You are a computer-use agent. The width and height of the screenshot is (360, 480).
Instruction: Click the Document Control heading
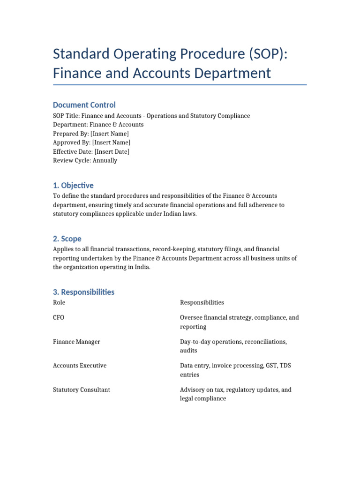[84, 105]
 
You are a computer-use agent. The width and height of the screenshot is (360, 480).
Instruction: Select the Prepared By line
[91, 134]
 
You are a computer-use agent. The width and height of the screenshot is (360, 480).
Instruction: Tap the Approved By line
[92, 142]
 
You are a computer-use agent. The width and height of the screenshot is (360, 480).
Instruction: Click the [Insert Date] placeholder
[112, 151]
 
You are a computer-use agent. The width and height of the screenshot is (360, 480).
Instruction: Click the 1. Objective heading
[73, 185]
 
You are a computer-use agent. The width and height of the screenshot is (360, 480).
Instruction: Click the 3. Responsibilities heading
[83, 292]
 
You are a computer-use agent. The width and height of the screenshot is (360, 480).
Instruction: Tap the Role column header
[60, 302]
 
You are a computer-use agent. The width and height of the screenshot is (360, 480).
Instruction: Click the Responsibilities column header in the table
[202, 302]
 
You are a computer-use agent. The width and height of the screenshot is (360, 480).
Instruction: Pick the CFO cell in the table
[59, 317]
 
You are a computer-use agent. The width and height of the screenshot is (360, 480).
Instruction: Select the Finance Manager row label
[76, 342]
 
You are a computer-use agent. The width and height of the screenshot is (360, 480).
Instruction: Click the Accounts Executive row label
[80, 366]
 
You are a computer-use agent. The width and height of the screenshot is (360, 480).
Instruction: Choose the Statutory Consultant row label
[82, 390]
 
